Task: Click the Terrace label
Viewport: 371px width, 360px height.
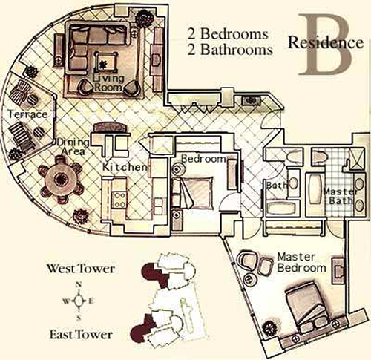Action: tap(27, 114)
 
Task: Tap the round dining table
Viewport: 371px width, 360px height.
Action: tap(61, 179)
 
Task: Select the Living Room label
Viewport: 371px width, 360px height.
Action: tap(108, 83)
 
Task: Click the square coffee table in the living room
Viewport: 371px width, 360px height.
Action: tap(106, 62)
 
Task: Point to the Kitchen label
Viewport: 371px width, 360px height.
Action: tap(125, 167)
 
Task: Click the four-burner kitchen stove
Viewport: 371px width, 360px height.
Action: tap(119, 200)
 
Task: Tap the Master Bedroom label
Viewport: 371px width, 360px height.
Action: tap(301, 263)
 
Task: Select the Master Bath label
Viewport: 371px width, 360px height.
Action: tap(340, 196)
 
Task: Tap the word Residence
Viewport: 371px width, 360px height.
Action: tap(326, 42)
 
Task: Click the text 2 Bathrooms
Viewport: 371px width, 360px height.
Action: tap(230, 50)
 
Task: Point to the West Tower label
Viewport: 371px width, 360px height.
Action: tap(81, 269)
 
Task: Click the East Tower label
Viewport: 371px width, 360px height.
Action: tap(81, 335)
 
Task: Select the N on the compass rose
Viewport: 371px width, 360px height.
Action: tap(79, 284)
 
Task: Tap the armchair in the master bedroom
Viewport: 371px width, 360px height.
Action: tap(247, 261)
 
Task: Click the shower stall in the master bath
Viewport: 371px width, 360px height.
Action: tap(357, 159)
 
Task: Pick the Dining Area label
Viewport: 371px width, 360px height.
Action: tap(73, 146)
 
